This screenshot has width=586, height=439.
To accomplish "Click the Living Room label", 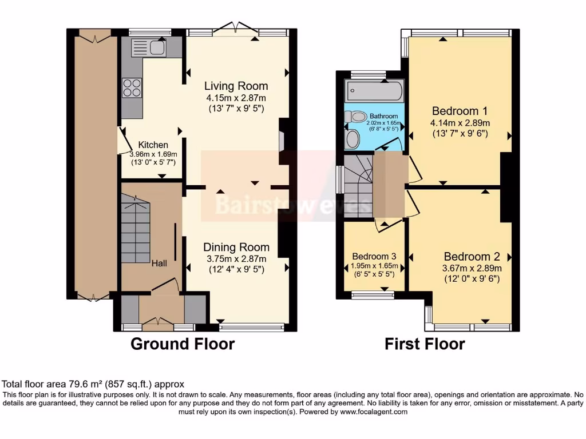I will (236, 86).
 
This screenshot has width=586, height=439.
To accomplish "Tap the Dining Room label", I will (236, 248).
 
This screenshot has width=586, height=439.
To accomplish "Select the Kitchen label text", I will (153, 145).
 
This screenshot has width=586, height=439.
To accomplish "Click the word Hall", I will (159, 264).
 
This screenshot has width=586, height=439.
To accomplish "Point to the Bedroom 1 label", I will (460, 111).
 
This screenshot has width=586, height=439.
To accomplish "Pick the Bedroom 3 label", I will (374, 256).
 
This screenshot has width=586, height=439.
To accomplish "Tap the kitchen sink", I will (156, 49).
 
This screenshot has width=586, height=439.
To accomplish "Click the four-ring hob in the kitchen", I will (132, 88).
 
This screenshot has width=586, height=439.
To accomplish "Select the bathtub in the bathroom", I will (374, 90).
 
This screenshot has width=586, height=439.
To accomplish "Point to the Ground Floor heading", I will (183, 344).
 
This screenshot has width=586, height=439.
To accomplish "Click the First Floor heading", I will (424, 344).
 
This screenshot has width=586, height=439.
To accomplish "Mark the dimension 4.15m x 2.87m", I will (236, 98).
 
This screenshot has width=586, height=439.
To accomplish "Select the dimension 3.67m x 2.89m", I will (472, 268).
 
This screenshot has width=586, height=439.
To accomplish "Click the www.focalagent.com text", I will (374, 412).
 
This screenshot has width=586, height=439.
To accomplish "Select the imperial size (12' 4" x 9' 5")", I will (236, 269).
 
